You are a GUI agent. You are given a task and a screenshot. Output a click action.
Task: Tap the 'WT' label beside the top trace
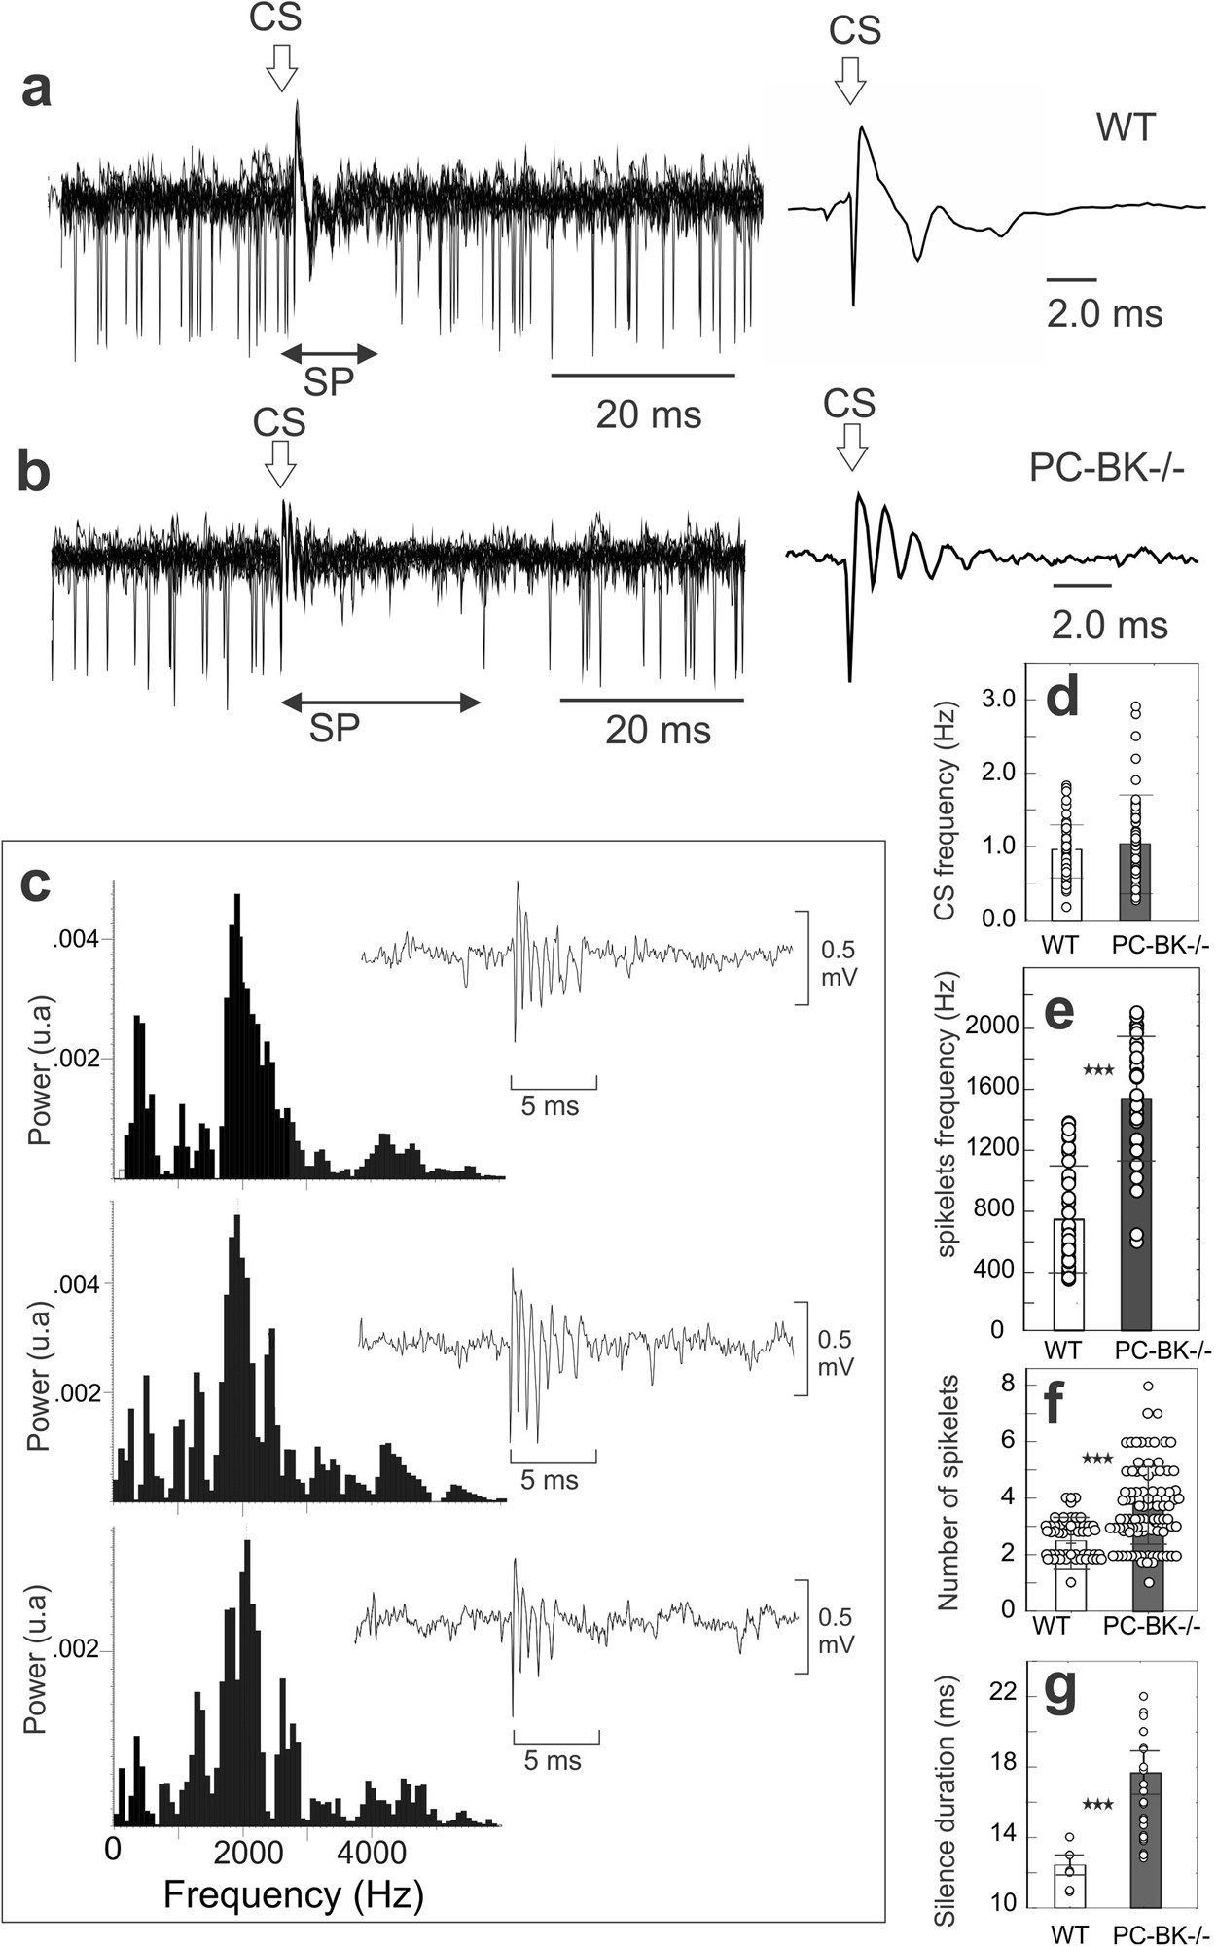(x=1126, y=128)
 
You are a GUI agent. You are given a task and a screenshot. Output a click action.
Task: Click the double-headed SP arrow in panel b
(x=379, y=702)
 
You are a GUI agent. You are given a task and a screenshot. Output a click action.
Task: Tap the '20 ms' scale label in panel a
(x=648, y=415)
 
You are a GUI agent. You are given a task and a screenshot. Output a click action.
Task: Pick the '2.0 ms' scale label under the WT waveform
(x=1104, y=314)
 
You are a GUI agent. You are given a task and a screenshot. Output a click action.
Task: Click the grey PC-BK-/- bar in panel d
(x=1135, y=882)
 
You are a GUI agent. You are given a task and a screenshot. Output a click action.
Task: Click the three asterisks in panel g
(x=1097, y=1805)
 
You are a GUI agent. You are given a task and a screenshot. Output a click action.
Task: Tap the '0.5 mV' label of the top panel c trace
(x=839, y=962)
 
